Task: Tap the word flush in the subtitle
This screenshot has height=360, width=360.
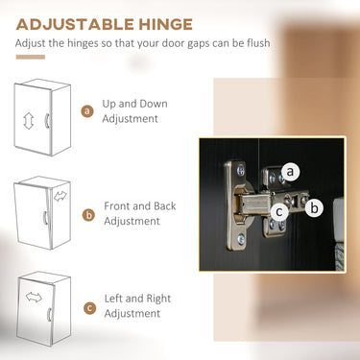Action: [258, 42]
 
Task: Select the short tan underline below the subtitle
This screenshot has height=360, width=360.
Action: [31, 58]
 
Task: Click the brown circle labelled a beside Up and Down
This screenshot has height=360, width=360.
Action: [87, 111]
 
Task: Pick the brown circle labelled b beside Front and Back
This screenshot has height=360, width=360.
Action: [88, 215]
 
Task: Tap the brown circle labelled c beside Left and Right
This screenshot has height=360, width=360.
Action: [89, 308]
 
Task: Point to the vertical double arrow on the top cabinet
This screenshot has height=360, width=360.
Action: [29, 121]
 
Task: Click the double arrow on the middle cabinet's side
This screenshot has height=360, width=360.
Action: [60, 196]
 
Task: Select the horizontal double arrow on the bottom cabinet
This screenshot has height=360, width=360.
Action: [34, 298]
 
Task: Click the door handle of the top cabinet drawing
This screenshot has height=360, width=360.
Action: [46, 121]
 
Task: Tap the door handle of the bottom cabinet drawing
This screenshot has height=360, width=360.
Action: [50, 314]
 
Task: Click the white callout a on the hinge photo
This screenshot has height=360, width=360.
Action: [290, 172]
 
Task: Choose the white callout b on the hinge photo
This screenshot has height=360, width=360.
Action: [314, 208]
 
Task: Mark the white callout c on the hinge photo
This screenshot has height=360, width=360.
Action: [279, 211]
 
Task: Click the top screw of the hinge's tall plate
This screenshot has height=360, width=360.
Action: [241, 170]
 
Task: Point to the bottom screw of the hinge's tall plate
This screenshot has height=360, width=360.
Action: [241, 239]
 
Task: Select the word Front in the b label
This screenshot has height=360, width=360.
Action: [117, 206]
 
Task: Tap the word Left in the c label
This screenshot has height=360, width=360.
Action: [113, 299]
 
